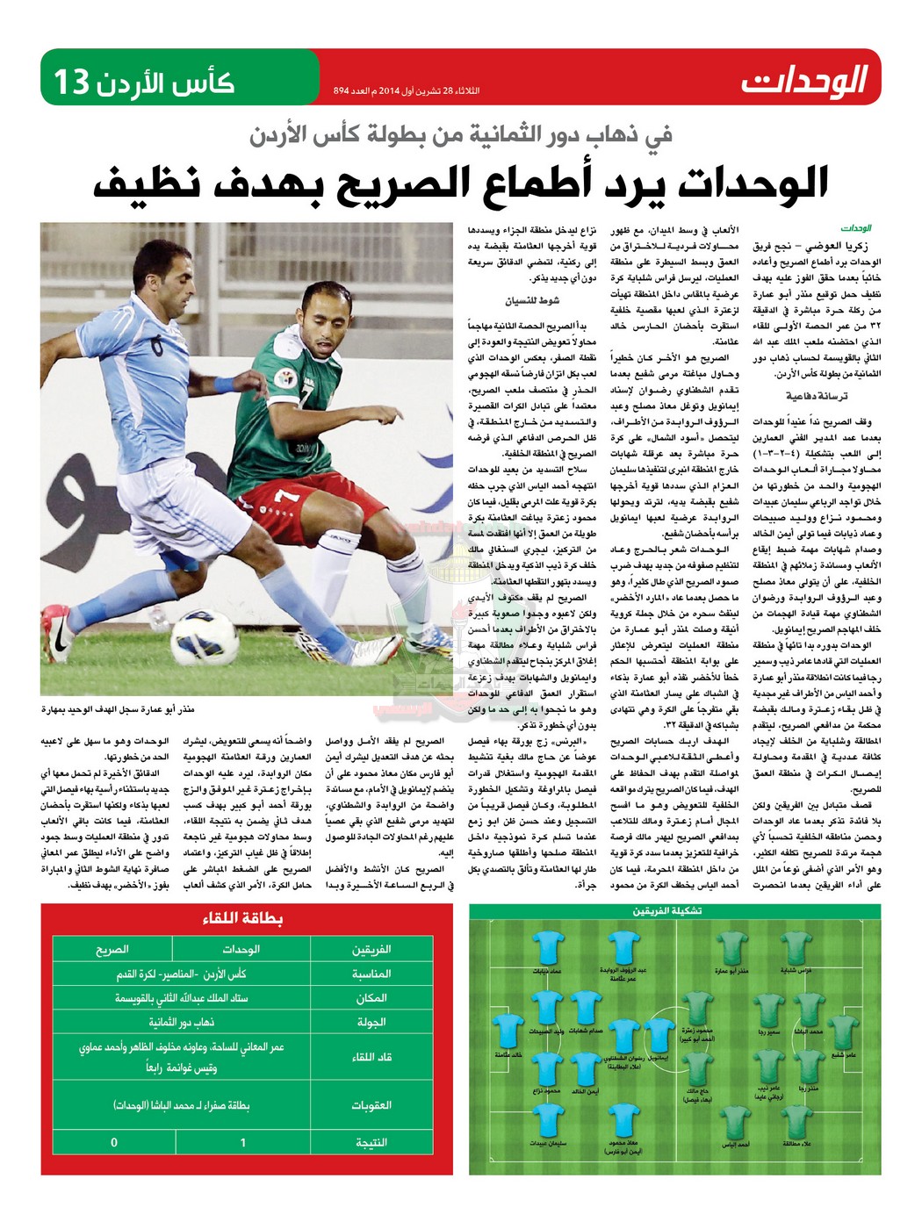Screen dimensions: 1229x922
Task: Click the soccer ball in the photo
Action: (205, 635)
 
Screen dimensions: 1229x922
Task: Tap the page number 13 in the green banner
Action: (72, 83)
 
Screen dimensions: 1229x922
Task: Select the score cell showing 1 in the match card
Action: (242, 1142)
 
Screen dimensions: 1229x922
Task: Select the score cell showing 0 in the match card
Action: (113, 1142)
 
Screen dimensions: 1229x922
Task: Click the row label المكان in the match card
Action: (371, 998)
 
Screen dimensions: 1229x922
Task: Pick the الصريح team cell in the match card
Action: (112, 949)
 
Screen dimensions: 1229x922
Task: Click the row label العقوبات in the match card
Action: (371, 1104)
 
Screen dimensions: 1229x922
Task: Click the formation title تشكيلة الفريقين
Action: (666, 911)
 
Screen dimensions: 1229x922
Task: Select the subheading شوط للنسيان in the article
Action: (531, 301)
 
